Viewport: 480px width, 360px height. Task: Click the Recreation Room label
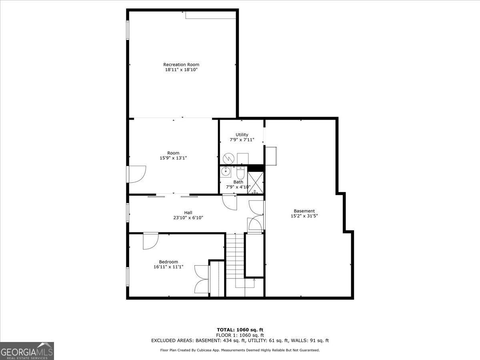[x=181, y=64]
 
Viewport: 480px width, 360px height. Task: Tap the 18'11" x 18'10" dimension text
[x=181, y=70]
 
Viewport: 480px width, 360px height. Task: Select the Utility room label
[x=242, y=134]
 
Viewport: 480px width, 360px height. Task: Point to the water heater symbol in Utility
[x=228, y=158]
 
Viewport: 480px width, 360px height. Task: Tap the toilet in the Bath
[x=240, y=174]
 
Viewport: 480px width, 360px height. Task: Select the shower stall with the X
[x=256, y=182]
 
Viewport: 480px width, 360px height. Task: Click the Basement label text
[x=304, y=211]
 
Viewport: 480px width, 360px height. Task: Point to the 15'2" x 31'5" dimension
[x=304, y=216]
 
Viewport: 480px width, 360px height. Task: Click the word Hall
[x=188, y=212]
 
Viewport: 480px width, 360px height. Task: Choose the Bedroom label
[x=168, y=262]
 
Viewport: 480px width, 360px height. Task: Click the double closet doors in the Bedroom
[x=201, y=279]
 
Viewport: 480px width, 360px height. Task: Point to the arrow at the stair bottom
[x=254, y=281]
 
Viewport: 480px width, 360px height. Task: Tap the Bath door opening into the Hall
[x=230, y=202]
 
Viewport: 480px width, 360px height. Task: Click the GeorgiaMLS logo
[x=27, y=351]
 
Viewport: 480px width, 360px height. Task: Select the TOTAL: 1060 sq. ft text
[x=240, y=330]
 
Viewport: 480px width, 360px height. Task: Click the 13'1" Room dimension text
[x=173, y=158]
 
